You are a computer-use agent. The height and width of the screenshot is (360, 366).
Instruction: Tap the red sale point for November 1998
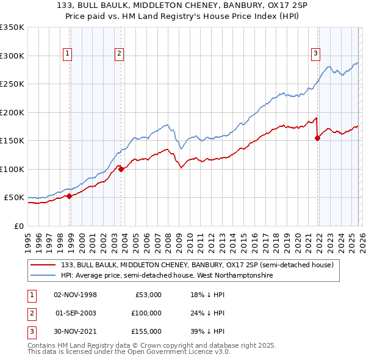point(70,196)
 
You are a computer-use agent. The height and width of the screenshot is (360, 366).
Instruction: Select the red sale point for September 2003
point(121,169)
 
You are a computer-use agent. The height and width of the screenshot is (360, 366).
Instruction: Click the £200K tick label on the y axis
point(12,112)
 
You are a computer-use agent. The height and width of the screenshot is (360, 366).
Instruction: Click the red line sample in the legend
point(43,265)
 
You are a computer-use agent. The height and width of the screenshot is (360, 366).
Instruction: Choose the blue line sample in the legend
point(43,276)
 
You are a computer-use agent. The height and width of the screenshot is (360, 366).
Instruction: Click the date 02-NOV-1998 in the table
point(75,295)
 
